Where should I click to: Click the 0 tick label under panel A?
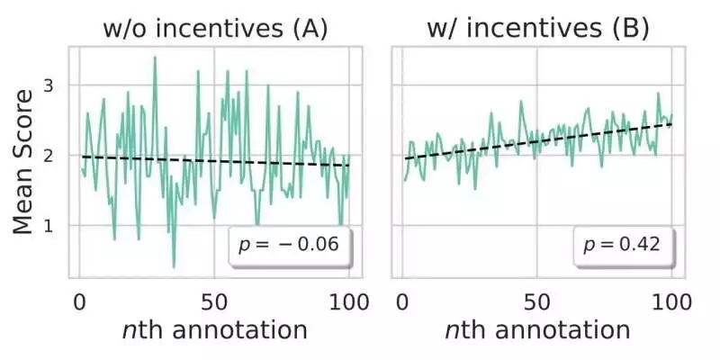pyautogui.click(x=78, y=298)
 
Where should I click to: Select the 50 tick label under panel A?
pyautogui.click(x=213, y=298)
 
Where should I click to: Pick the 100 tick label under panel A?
pyautogui.click(x=348, y=298)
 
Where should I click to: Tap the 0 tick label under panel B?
pyautogui.click(x=402, y=298)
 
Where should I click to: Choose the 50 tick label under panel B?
pyautogui.click(x=537, y=298)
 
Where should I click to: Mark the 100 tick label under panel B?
pyautogui.click(x=672, y=298)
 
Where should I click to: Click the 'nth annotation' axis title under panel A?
pyautogui.click(x=214, y=329)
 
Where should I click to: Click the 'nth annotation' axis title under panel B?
pyautogui.click(x=537, y=329)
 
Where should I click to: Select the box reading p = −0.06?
pyautogui.click(x=289, y=244)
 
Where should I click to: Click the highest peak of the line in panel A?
pyautogui.click(x=155, y=58)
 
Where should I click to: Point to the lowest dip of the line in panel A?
pyautogui.click(x=174, y=266)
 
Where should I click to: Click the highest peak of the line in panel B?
pyautogui.click(x=658, y=93)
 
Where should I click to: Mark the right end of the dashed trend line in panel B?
pyautogui.click(x=673, y=123)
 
